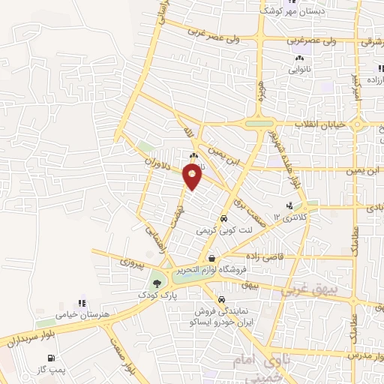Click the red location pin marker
193,178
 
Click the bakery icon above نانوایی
300,57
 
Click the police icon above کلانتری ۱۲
289,205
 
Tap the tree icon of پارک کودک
157,283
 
